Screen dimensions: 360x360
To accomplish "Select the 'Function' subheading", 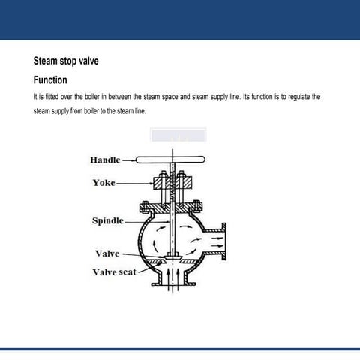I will [x=51, y=79].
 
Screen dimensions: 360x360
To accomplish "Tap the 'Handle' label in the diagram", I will [x=105, y=160].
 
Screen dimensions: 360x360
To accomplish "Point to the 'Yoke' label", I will [x=104, y=182].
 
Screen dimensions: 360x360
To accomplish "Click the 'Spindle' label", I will [x=107, y=220].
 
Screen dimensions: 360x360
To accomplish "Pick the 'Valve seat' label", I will [x=114, y=271].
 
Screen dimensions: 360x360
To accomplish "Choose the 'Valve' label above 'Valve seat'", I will [x=107, y=253].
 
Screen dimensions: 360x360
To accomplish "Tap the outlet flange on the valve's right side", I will [x=229, y=240].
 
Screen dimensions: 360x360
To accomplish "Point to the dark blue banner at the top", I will [x=180, y=19].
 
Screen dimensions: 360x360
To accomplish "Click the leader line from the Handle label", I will [x=127, y=160].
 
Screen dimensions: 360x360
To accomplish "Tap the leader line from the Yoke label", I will [x=135, y=182].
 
